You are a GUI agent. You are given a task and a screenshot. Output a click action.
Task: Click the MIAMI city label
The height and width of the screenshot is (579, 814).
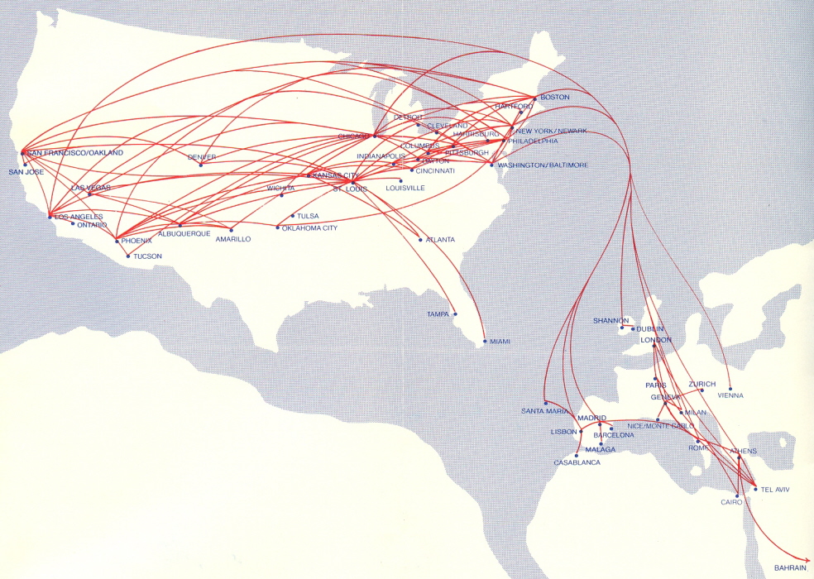coord(500,342)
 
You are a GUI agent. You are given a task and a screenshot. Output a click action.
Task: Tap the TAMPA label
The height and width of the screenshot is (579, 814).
coord(438,314)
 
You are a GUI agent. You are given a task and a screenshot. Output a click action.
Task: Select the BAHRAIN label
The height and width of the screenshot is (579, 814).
coord(790,568)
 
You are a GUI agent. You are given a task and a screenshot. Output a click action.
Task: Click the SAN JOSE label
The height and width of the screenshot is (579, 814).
coord(26,172)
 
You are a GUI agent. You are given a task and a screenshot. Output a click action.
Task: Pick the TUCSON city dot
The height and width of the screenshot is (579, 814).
coord(128,256)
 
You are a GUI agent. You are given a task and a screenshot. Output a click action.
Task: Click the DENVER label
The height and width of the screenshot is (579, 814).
coord(201,157)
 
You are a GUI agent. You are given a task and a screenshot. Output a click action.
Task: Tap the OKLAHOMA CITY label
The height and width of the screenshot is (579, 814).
coord(310,227)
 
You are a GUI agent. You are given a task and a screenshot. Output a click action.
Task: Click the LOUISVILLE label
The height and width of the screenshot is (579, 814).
coord(405,189)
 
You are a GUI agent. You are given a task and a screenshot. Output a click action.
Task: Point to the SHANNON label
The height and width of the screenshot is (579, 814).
coord(610,320)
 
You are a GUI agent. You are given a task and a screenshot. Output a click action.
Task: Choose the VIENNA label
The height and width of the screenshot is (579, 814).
coord(730,395)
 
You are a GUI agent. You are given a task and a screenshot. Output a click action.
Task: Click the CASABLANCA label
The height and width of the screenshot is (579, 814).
coord(577,462)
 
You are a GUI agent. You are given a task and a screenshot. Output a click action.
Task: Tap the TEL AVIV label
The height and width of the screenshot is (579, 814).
coord(775,490)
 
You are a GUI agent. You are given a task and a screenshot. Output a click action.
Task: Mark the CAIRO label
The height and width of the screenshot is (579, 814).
coord(732,502)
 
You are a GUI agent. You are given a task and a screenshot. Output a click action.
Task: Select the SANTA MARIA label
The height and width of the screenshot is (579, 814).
coord(544,411)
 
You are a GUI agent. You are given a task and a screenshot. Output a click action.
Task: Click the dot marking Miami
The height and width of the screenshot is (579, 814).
coord(485,340)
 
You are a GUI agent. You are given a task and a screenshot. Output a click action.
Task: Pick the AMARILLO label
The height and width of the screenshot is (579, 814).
coord(233,239)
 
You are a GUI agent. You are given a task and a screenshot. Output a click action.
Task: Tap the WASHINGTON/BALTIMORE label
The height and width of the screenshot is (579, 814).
coord(543,165)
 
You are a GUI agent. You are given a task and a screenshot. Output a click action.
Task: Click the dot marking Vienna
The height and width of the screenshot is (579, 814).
coord(730,388)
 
